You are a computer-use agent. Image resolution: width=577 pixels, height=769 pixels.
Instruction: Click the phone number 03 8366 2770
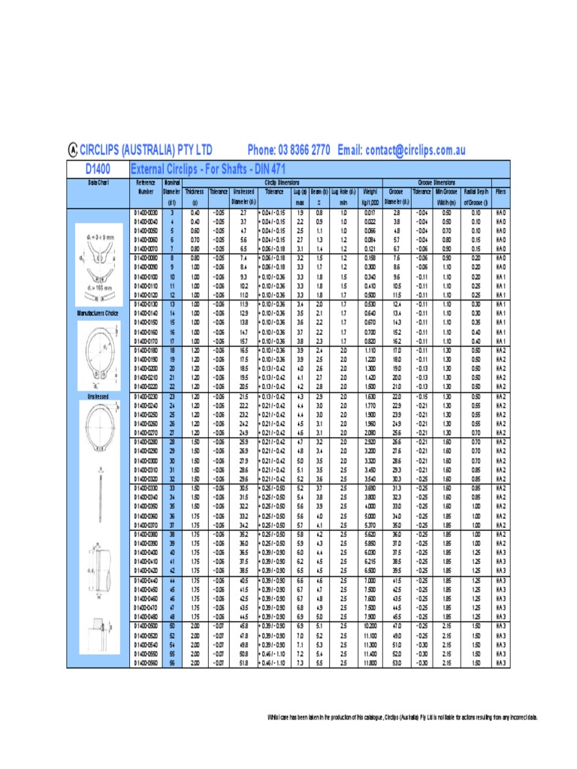(288, 150)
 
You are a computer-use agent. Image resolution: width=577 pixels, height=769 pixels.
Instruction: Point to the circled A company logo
(73, 150)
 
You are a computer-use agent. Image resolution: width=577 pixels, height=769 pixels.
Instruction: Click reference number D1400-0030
(146, 213)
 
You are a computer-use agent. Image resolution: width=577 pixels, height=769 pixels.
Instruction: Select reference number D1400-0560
(146, 663)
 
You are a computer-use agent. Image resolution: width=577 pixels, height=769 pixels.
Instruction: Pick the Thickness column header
(194, 191)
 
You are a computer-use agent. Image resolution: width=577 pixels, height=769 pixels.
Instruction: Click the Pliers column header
(500, 191)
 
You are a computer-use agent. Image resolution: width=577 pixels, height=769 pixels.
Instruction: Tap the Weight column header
(369, 191)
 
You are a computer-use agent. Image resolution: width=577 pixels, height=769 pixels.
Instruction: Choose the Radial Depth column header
(476, 191)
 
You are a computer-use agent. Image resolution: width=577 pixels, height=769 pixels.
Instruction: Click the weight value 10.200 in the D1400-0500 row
(369, 625)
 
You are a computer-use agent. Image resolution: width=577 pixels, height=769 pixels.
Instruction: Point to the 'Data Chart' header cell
(99, 182)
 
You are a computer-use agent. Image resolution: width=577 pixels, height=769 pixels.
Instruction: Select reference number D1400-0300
(146, 460)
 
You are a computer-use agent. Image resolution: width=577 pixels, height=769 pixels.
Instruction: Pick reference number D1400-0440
(146, 581)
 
